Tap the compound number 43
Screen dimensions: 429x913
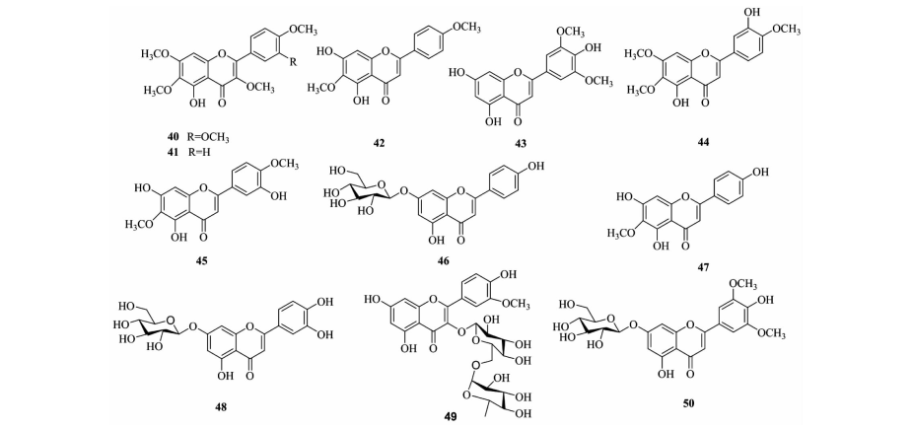click(x=520, y=143)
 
